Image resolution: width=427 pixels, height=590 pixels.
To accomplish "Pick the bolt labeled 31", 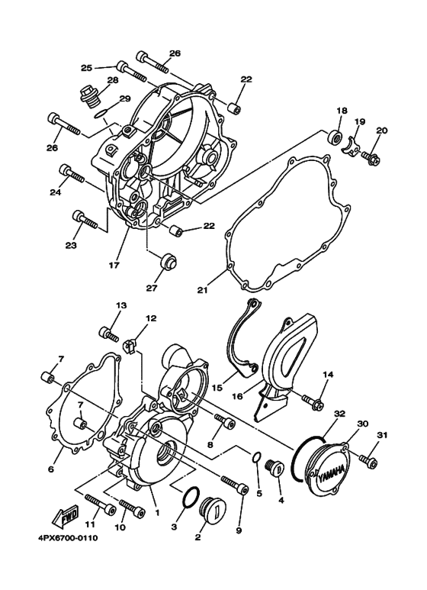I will [x=368, y=462].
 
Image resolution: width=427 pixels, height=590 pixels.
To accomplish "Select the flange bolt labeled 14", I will [x=313, y=398].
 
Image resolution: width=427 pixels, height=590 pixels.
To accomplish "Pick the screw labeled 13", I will [x=109, y=334].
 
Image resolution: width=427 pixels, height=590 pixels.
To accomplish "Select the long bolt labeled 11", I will [x=99, y=502].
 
